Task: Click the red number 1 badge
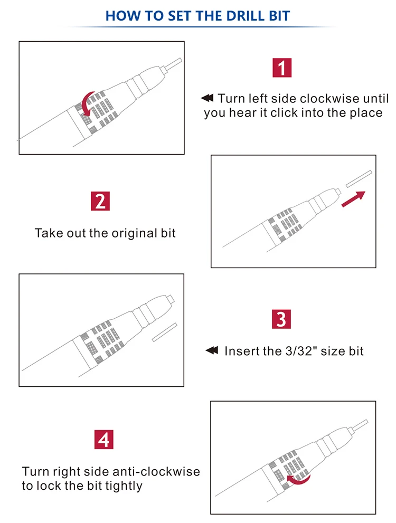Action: [x=282, y=68]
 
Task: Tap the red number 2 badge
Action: [x=100, y=201]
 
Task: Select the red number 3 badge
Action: [x=281, y=319]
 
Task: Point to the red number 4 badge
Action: [x=104, y=440]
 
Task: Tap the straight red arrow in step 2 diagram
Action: [x=353, y=199]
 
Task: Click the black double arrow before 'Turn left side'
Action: [x=207, y=98]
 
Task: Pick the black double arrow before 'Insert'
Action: [x=212, y=350]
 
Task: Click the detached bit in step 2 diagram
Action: [x=359, y=179]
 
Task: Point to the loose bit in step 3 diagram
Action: [x=164, y=332]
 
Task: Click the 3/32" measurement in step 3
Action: [x=301, y=351]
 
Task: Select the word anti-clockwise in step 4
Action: [x=156, y=471]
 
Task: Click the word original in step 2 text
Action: [x=135, y=233]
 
